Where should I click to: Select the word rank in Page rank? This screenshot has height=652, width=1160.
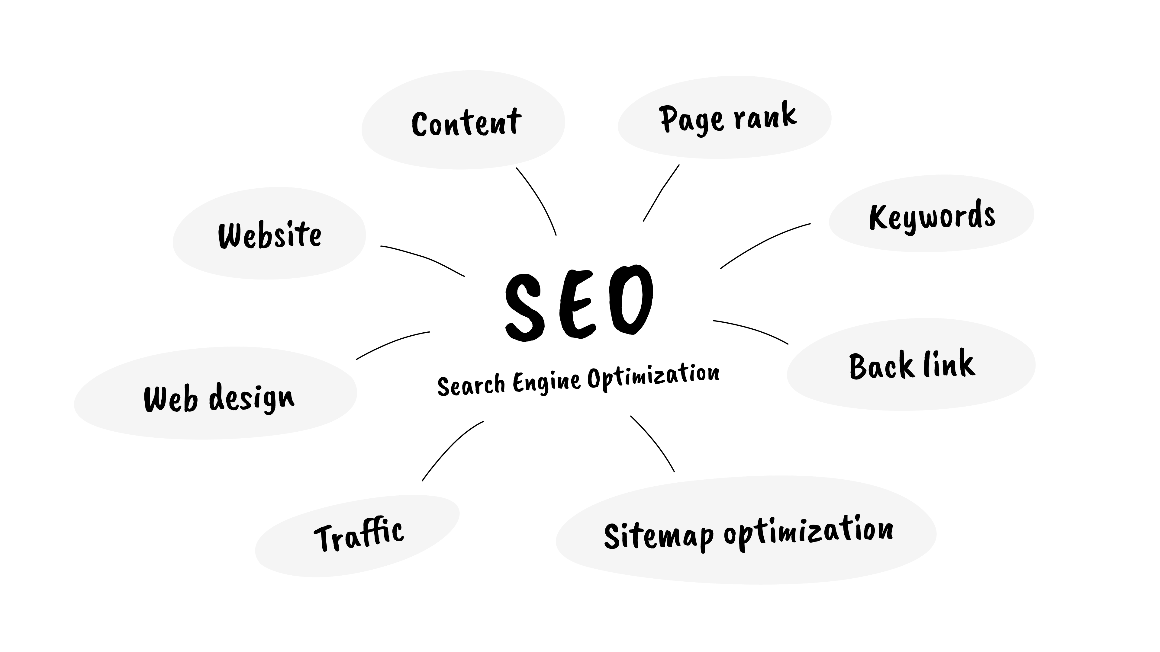tap(765, 116)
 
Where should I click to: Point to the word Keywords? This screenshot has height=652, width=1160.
tap(932, 216)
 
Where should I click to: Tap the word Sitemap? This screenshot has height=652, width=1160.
tap(658, 535)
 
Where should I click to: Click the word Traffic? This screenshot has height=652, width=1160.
tap(359, 535)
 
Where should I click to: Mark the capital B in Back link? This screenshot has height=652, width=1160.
tap(858, 367)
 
